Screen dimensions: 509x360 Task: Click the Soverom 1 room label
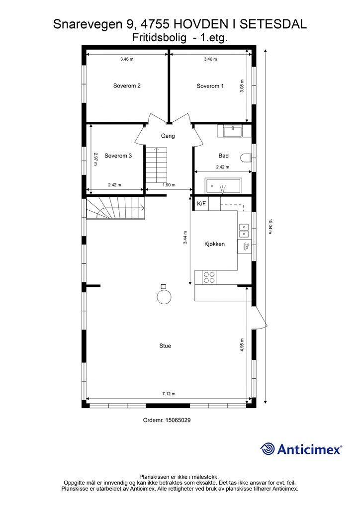[210, 86]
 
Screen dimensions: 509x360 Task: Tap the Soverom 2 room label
[127, 85]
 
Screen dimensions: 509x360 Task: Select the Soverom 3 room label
[118, 156]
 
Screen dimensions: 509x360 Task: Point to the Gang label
[168, 136]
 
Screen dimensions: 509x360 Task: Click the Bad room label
[223, 156]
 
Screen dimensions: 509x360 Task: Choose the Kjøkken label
[214, 244]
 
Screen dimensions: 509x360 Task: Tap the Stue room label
[165, 345]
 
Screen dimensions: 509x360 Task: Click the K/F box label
[201, 204]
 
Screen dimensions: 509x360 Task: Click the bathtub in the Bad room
[223, 186]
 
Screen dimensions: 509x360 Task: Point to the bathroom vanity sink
[232, 131]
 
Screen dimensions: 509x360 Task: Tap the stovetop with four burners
[209, 277]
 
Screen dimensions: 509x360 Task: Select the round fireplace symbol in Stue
[164, 297]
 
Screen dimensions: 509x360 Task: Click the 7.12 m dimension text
[169, 394]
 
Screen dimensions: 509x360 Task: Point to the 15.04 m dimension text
[270, 226]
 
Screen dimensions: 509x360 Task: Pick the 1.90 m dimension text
[169, 185]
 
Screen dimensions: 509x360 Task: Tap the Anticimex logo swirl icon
[268, 449]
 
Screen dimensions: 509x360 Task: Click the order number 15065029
[167, 420]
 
